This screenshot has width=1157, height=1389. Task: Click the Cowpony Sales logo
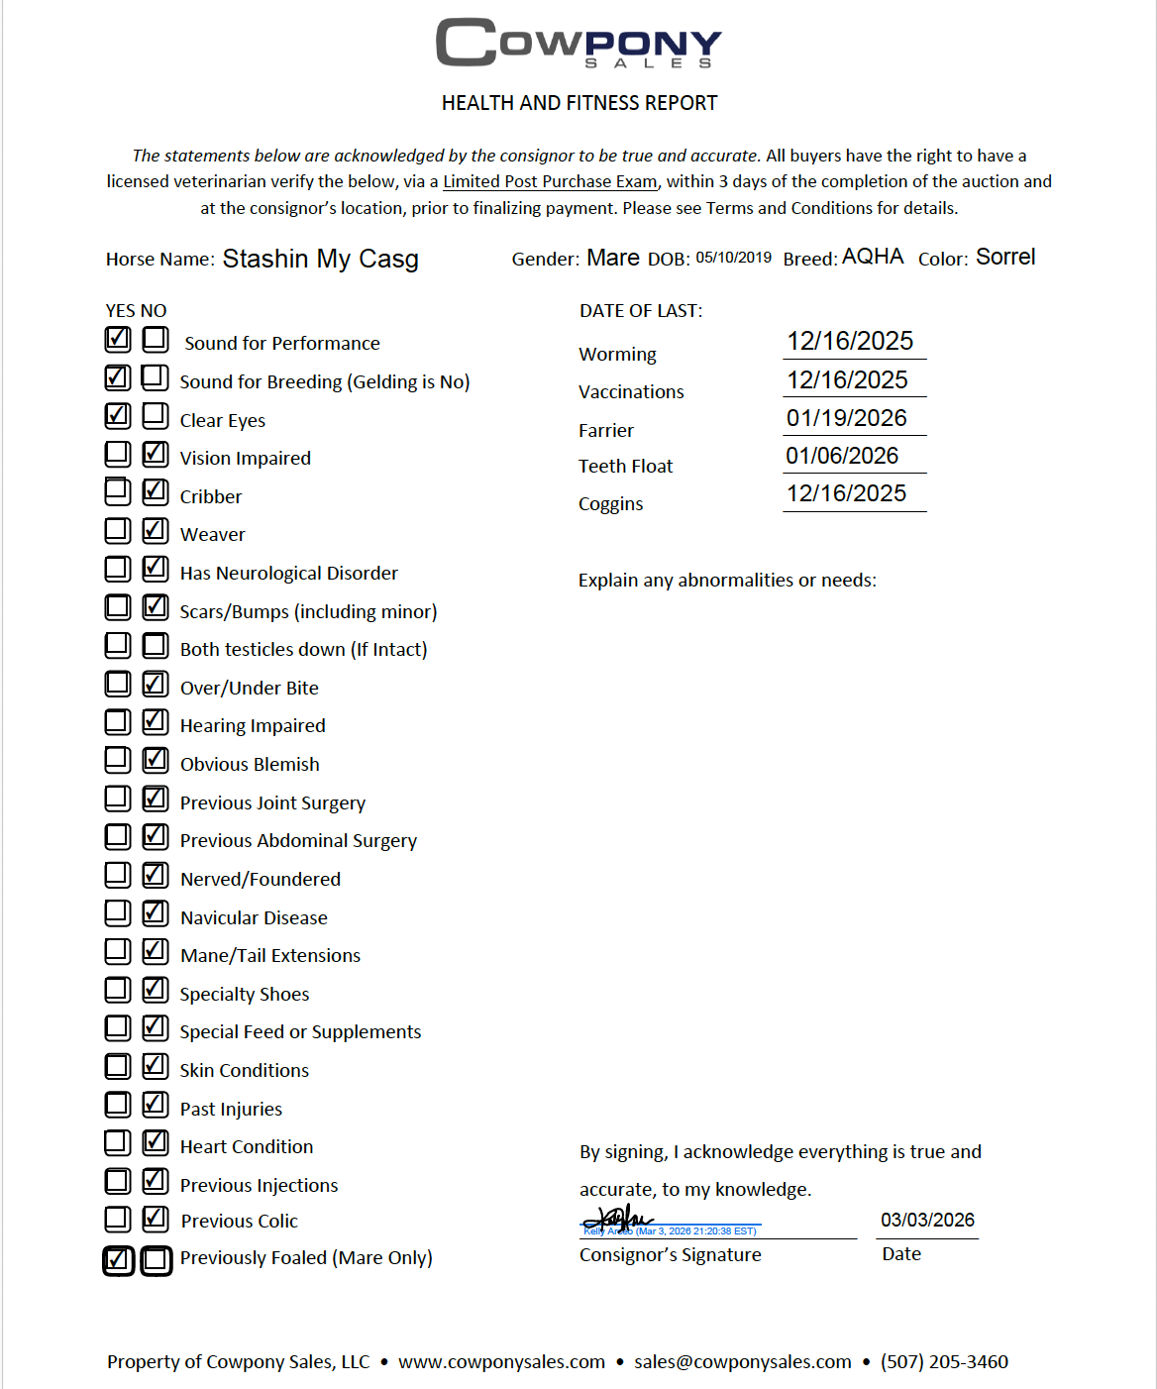pos(578,44)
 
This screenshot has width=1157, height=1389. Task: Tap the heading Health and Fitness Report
pos(579,103)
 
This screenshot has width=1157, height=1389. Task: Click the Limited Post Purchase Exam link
pos(550,182)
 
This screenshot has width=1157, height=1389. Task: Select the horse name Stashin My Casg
pos(320,260)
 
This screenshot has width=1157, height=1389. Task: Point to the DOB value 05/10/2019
pos(733,258)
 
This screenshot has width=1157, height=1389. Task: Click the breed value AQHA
pos(873,257)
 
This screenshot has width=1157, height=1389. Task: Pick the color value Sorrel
pos(1005,258)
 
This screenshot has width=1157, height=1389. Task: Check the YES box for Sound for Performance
pos(118,340)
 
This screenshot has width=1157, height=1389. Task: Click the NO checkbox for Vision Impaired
pos(155,455)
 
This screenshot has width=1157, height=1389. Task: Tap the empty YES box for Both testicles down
pos(118,646)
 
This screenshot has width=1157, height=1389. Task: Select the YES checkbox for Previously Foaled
pos(118,1260)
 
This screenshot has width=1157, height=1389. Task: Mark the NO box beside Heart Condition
pos(155,1142)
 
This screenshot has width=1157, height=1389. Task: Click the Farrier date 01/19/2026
pos(847,418)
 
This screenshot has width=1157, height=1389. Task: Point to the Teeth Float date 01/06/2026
pos(842,456)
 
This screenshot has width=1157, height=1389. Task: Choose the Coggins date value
pos(846,493)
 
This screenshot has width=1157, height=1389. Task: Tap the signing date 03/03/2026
pos(927,1221)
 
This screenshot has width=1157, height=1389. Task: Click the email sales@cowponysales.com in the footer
pos(742,1362)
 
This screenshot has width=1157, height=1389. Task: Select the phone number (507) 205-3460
pos(944,1362)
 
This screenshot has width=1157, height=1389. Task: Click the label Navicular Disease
pos(254,918)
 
